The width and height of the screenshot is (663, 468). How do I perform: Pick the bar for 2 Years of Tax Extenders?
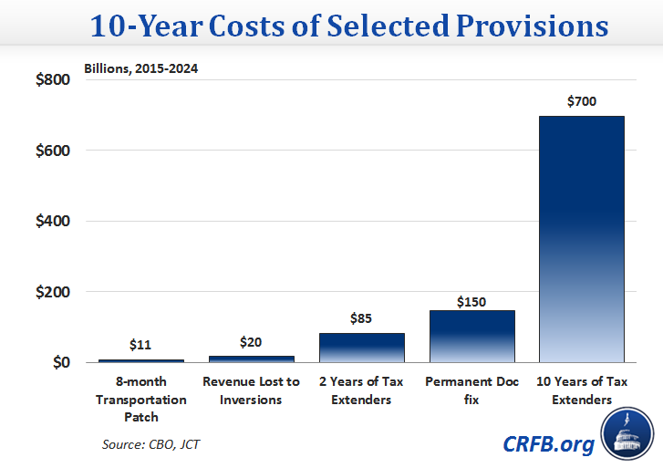361,348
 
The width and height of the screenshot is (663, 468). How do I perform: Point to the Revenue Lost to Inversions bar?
251,359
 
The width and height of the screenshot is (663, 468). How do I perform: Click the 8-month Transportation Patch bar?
140,361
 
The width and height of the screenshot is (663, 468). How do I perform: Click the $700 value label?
581,101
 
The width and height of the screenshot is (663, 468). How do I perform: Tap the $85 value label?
361,319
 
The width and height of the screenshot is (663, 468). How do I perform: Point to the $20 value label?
251,342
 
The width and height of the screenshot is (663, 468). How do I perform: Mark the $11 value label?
140,345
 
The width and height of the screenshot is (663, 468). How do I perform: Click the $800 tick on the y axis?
52,79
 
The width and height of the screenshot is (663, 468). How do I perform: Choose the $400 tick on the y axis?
52,221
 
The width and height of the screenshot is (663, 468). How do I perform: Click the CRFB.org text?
548,444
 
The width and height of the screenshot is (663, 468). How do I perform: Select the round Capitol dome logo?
627,435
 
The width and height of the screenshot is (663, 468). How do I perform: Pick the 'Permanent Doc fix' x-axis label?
471,391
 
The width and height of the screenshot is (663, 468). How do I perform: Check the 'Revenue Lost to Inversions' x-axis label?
251,391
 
